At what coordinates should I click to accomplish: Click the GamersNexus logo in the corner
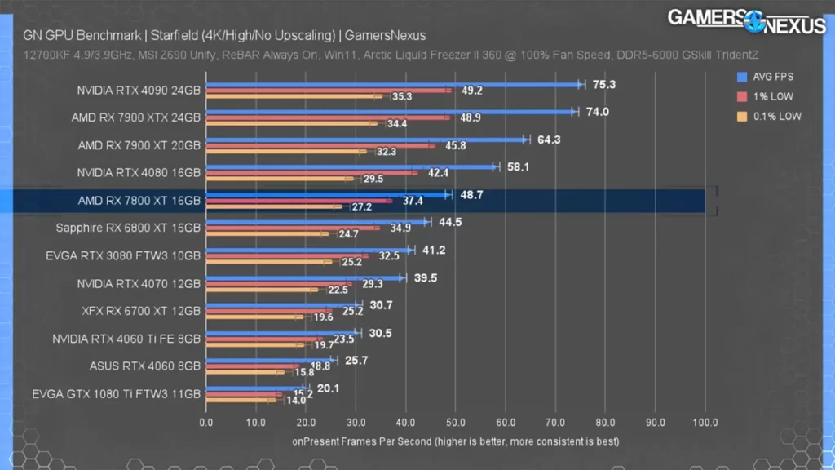[x=746, y=20]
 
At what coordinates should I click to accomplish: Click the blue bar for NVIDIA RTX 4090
[x=391, y=84]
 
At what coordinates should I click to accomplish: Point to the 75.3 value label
[x=603, y=84]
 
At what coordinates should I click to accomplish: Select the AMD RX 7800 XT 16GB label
[x=139, y=201]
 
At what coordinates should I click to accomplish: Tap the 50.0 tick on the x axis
[x=455, y=423]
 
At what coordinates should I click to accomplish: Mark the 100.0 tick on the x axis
[x=705, y=423]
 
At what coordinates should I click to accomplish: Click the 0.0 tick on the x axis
[x=205, y=423]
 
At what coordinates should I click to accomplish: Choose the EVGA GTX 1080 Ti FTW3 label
[x=117, y=394]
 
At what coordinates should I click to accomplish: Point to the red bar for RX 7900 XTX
[x=326, y=117]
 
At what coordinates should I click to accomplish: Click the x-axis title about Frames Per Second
[x=455, y=441]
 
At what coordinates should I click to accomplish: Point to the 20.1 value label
[x=328, y=388]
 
